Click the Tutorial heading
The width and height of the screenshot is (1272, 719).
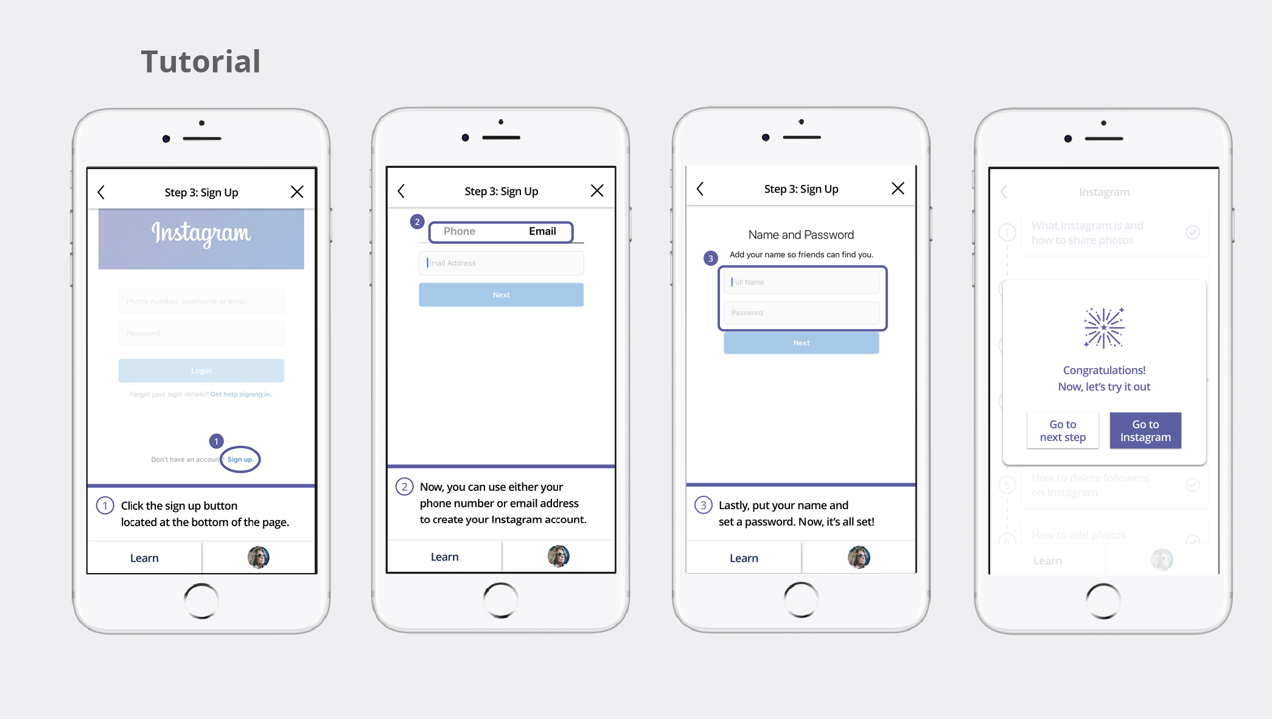201,62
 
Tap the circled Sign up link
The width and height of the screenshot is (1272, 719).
240,459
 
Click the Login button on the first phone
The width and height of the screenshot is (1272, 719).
201,370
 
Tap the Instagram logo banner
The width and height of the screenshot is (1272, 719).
201,238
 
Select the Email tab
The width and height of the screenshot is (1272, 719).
542,231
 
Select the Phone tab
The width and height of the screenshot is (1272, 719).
460,231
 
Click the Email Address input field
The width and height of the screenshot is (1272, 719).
501,263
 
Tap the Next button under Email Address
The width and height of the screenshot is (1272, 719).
501,295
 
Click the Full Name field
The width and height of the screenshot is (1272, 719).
801,282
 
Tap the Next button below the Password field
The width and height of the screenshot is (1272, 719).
801,343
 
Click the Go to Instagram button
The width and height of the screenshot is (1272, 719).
1145,431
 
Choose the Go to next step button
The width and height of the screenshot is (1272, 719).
1063,431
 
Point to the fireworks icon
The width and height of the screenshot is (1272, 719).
1104,328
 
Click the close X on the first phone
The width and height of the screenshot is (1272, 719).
297,192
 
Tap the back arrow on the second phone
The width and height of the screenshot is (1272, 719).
401,191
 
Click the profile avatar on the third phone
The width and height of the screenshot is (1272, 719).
859,557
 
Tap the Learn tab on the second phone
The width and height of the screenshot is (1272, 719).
444,557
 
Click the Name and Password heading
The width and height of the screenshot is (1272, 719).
801,235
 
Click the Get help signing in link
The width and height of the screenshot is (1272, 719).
241,394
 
